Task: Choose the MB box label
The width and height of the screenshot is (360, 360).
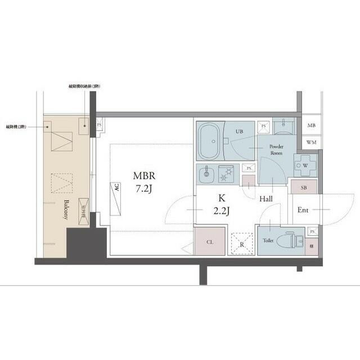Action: click(x=312, y=126)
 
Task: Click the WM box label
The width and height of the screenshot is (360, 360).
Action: click(x=312, y=142)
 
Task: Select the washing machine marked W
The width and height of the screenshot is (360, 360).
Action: click(x=304, y=165)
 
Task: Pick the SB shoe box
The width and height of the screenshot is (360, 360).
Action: click(x=304, y=187)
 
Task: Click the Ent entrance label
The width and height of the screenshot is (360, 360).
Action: click(x=303, y=210)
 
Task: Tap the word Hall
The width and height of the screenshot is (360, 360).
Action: click(x=267, y=198)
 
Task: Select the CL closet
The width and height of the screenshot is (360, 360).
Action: click(x=210, y=242)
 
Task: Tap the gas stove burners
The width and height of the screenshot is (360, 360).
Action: click(x=228, y=174)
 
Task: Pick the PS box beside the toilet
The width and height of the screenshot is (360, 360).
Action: click(x=312, y=231)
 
